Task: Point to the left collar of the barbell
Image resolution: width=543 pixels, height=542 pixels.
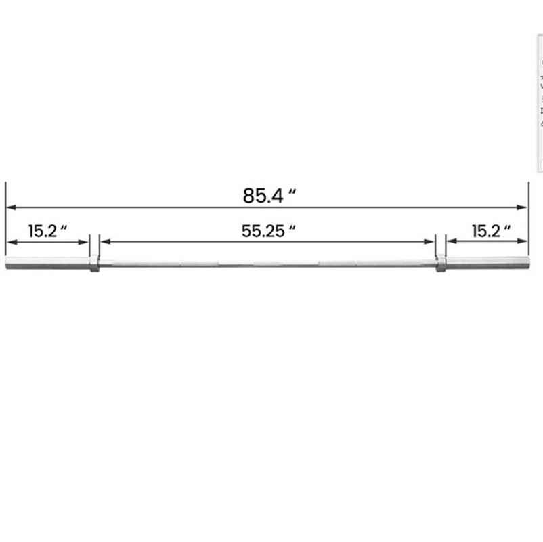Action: [x=94, y=263]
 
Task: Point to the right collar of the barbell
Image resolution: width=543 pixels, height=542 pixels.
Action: [x=441, y=263]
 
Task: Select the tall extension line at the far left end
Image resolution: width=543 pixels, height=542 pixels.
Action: [x=5, y=217]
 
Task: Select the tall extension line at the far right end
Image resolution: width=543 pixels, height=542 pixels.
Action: [x=528, y=217]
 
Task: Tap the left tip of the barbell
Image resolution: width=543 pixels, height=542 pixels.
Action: [x=7, y=263]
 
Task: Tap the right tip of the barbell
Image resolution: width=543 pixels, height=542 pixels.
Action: [x=527, y=263]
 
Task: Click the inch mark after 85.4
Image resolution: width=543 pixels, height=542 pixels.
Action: [x=292, y=192]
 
